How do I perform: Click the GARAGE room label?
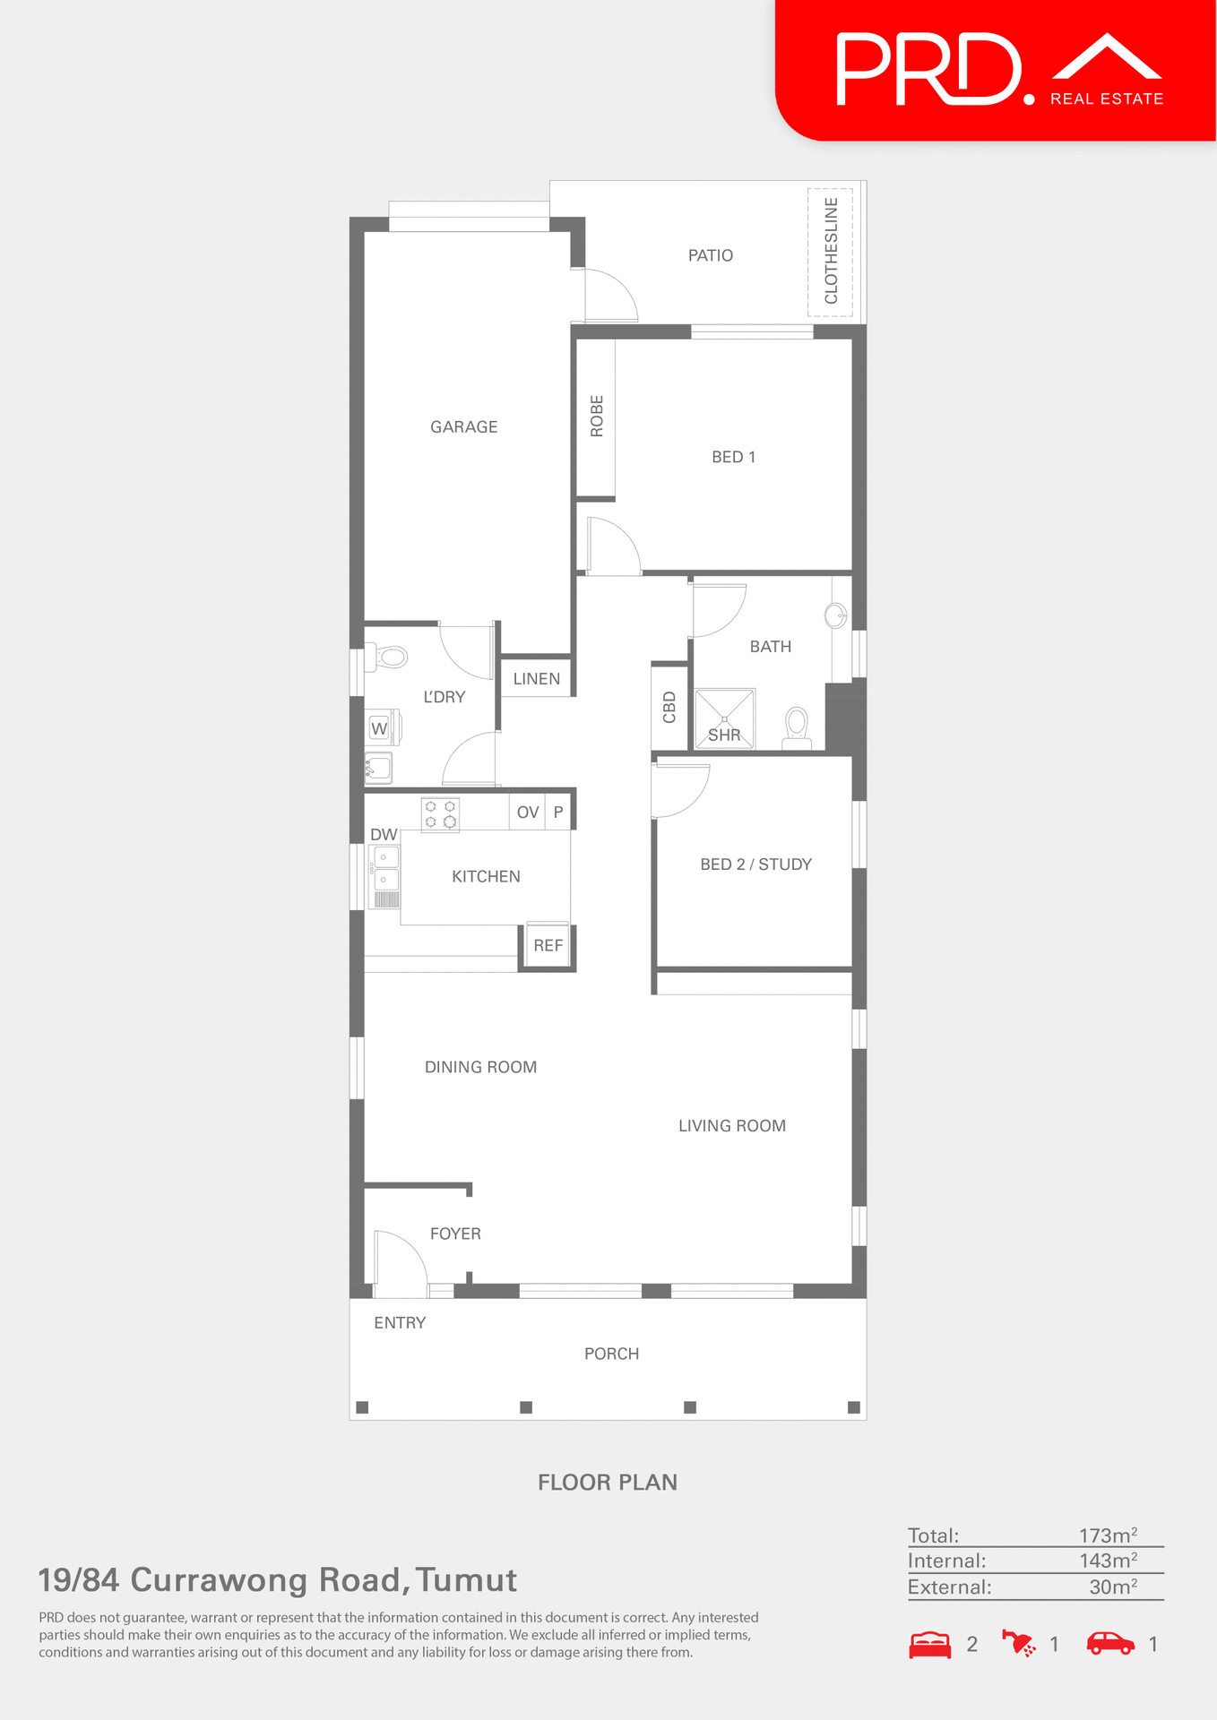463,427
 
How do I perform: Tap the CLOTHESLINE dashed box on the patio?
830,252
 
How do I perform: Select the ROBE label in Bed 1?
597,417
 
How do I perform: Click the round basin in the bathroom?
835,615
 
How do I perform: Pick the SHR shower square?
725,718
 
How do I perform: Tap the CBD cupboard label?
669,707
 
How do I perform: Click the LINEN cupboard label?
536,679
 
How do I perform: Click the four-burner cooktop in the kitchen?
440,814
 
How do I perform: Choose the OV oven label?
528,813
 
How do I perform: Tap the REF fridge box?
548,945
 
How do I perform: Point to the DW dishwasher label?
384,835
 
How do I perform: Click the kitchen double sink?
385,868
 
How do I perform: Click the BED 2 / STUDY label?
755,864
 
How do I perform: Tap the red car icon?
1110,1644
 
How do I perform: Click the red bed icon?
930,1645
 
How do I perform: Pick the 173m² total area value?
1108,1535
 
